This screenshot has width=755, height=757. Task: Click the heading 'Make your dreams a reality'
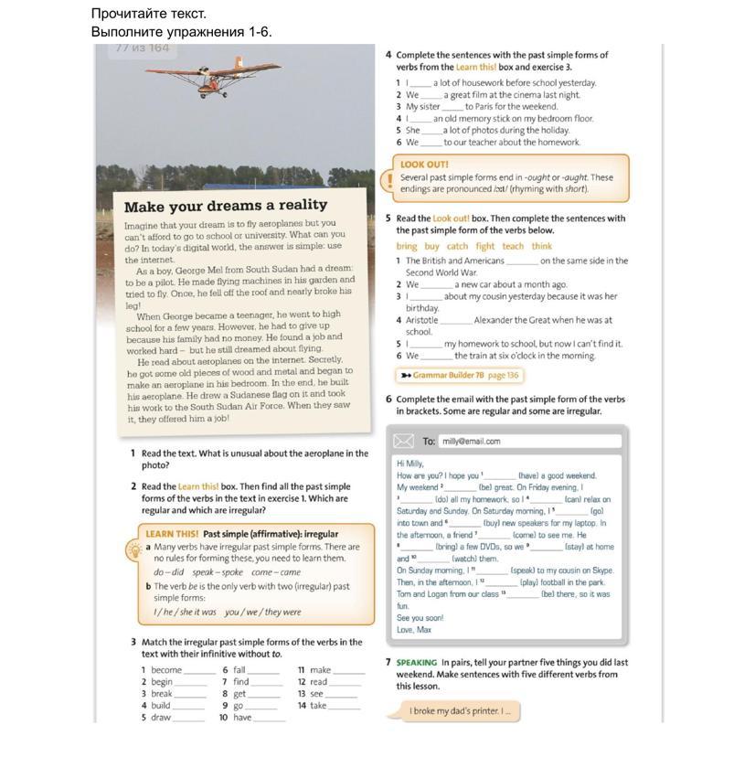(225, 206)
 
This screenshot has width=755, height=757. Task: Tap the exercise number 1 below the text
(133, 453)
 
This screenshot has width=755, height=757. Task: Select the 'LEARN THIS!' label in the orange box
(172, 534)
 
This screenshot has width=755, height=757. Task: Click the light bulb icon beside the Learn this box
(133, 549)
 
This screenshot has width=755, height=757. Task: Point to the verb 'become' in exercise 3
(166, 670)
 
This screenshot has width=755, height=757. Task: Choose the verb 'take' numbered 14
(318, 706)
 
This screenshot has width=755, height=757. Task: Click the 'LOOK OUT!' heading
(424, 165)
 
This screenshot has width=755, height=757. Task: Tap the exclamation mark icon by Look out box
(389, 180)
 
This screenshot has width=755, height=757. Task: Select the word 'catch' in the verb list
(457, 246)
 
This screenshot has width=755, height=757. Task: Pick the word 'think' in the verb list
(542, 246)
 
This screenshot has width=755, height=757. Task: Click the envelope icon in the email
(404, 442)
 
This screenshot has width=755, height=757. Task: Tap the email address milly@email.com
(471, 442)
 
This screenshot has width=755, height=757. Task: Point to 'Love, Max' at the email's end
(414, 630)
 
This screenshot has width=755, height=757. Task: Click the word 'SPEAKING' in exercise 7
(417, 663)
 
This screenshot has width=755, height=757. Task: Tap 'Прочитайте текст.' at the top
(149, 14)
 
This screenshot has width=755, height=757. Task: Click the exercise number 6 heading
(388, 400)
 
